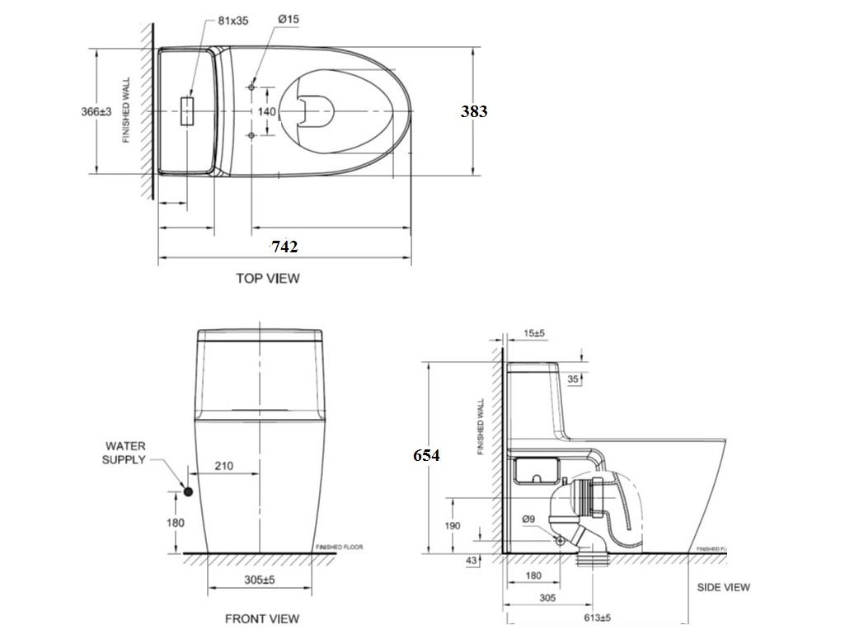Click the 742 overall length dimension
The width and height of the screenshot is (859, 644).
[x=284, y=247]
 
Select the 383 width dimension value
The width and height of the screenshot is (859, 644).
[x=474, y=111]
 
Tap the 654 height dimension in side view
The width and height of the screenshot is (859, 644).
[x=427, y=455]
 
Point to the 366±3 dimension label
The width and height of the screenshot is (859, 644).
[x=96, y=111]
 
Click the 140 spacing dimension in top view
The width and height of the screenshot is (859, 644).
[x=267, y=110]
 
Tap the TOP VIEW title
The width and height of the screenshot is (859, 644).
[x=268, y=279]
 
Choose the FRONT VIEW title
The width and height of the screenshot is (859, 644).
[x=262, y=618]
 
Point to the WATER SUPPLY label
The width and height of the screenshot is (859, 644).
[x=124, y=453]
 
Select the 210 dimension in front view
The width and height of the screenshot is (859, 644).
[x=223, y=466]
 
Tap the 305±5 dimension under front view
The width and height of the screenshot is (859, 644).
[x=259, y=580]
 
